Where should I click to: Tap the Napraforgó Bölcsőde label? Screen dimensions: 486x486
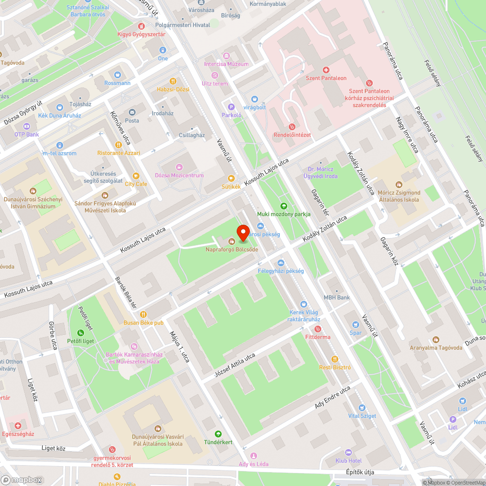coord(232,249)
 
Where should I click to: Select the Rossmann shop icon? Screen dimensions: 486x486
coord(117,75)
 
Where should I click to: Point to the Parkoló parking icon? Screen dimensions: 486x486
coord(231,107)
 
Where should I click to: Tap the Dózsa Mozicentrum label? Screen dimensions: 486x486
coord(179,175)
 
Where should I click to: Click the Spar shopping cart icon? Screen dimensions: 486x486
coord(356,324)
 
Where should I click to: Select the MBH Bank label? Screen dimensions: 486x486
coord(336,297)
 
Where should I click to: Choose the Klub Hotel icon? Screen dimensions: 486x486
coord(348,452)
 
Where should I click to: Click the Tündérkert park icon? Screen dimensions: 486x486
coord(217,434)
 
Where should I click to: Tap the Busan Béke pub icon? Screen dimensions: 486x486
coord(143,314)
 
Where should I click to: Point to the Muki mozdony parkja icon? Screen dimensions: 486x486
coord(284,206)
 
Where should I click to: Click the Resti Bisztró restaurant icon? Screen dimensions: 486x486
coord(321,359)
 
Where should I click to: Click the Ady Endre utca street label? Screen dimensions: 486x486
coord(332,397)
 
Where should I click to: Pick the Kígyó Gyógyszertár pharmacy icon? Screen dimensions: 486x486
coord(141,26)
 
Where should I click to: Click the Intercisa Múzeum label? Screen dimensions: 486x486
coord(226,64)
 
